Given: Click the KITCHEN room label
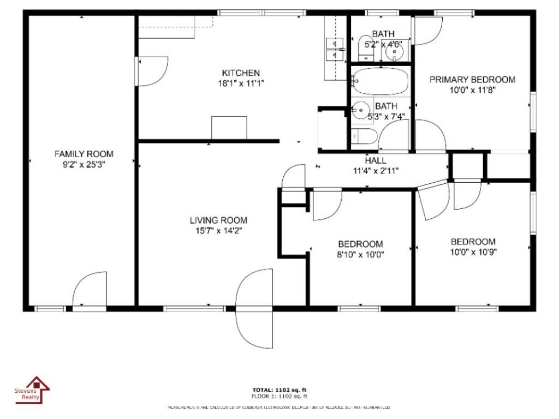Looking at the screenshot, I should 240,73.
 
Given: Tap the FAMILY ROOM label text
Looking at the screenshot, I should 84,154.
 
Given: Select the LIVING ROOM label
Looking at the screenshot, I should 218,220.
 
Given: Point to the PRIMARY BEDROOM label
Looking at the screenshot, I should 472,80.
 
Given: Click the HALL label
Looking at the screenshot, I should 376,160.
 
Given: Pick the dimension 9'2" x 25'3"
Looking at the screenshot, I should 84,164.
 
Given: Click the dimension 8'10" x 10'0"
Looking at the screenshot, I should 360,254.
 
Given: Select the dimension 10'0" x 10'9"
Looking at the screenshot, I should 473,252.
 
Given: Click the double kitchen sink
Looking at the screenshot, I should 334,49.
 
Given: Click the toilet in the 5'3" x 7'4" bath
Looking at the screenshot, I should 362,136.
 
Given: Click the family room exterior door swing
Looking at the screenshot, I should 89,289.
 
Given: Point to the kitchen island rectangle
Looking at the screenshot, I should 229,128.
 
